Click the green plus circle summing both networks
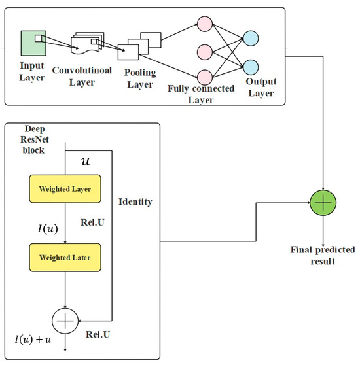[x=322, y=203]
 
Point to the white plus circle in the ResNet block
[x=65, y=319]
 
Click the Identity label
[x=135, y=202]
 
